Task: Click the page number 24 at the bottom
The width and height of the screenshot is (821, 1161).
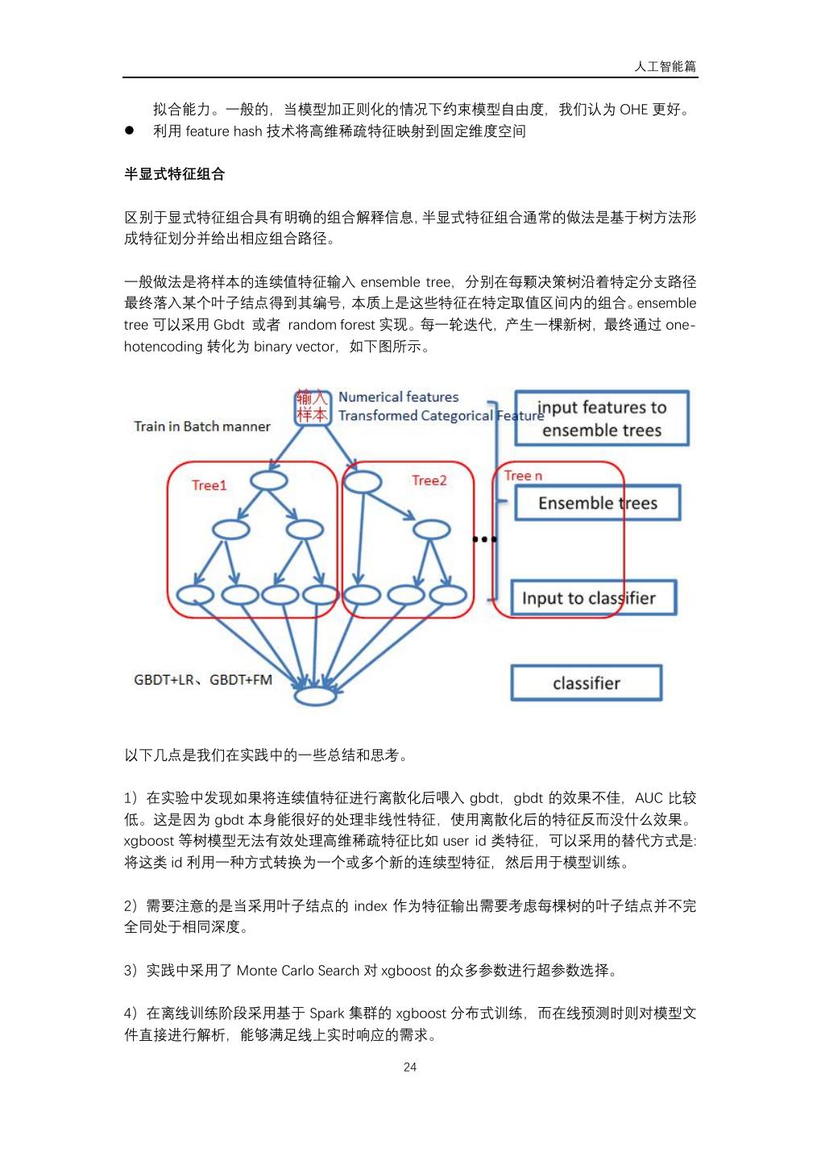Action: pyautogui.click(x=410, y=1067)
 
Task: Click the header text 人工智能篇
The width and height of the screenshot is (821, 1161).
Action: pyautogui.click(x=665, y=66)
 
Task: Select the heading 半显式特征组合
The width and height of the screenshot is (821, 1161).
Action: pyautogui.click(x=174, y=174)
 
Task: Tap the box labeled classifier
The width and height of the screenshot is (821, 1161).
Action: pyautogui.click(x=586, y=683)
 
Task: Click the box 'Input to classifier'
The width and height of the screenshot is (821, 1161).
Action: pyautogui.click(x=593, y=598)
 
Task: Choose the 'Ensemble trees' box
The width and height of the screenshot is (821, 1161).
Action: pyautogui.click(x=597, y=503)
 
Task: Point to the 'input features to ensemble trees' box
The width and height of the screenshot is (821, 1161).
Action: pyautogui.click(x=602, y=418)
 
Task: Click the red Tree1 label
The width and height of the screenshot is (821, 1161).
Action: pyautogui.click(x=209, y=485)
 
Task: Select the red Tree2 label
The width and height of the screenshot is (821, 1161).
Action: pyautogui.click(x=429, y=481)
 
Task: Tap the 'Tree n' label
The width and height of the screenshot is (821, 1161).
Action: pyautogui.click(x=523, y=476)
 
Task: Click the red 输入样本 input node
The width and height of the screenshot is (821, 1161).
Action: pyautogui.click(x=312, y=406)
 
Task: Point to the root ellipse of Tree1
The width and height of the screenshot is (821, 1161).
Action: pyautogui.click(x=269, y=481)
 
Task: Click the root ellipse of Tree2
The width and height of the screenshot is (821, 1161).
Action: pyautogui.click(x=362, y=482)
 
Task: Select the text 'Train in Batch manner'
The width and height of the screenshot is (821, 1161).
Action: pyautogui.click(x=202, y=427)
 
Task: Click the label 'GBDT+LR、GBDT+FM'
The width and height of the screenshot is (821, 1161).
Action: pyautogui.click(x=203, y=680)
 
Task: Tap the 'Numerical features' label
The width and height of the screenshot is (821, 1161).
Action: pyautogui.click(x=398, y=397)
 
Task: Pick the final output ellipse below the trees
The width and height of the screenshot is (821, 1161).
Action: pyautogui.click(x=314, y=696)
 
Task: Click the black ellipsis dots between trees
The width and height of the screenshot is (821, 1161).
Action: pyautogui.click(x=484, y=539)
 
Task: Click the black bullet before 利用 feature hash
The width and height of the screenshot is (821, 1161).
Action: pyautogui.click(x=129, y=131)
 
